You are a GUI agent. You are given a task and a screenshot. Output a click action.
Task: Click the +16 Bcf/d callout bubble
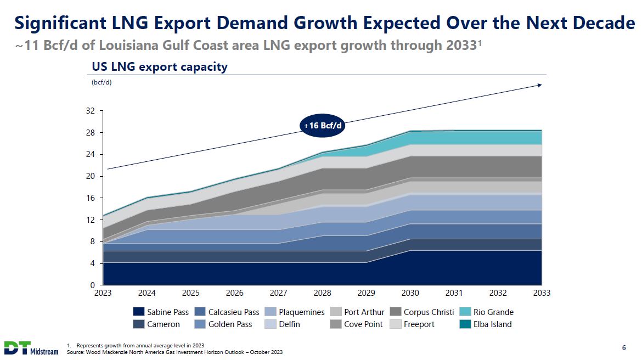click(323, 126)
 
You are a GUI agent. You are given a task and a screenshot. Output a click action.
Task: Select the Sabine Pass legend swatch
click(139, 312)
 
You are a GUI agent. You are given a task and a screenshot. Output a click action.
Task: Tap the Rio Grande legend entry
click(487, 312)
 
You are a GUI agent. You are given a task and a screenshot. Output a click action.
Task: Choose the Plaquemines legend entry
click(295, 312)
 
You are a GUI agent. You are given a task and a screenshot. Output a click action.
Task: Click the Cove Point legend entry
click(357, 324)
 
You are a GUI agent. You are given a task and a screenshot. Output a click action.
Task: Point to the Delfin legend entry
click(282, 324)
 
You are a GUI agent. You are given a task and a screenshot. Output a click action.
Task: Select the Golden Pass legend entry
click(223, 324)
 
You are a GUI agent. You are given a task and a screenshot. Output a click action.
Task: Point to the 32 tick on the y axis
click(91, 111)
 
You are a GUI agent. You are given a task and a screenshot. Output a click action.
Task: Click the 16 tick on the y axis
click(91, 198)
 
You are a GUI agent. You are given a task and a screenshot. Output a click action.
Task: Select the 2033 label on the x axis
click(541, 293)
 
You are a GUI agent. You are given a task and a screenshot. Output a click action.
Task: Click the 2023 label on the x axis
click(103, 293)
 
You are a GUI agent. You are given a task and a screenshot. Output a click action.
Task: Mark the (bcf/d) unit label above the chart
click(101, 83)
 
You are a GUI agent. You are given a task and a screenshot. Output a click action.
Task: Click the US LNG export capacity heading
click(159, 67)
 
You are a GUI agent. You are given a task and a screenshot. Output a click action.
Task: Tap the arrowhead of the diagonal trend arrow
click(540, 85)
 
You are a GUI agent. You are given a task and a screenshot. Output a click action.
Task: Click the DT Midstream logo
click(31, 348)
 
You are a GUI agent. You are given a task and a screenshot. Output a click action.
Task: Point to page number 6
click(624, 347)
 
